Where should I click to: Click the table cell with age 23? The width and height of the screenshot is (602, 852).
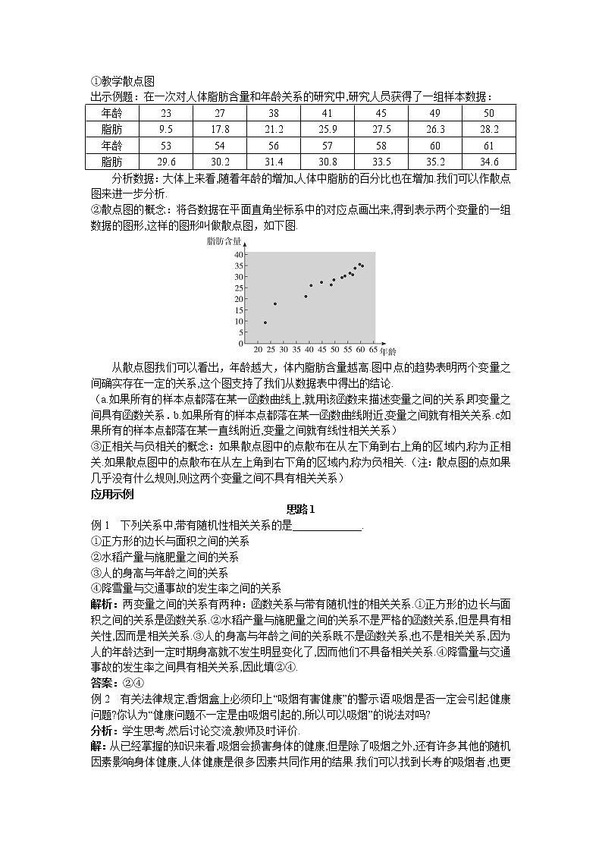(166, 112)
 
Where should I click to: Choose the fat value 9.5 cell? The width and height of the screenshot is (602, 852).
(166, 129)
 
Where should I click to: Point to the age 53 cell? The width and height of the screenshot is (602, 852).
(166, 145)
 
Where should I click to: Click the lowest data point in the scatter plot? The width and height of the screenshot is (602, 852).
(265, 322)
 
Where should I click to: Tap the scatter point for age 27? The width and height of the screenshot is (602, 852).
(274, 303)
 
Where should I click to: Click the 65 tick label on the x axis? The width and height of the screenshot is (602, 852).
(373, 351)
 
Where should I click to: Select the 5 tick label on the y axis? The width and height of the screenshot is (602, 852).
(240, 332)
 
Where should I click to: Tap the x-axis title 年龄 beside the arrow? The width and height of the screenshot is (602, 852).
(387, 352)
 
